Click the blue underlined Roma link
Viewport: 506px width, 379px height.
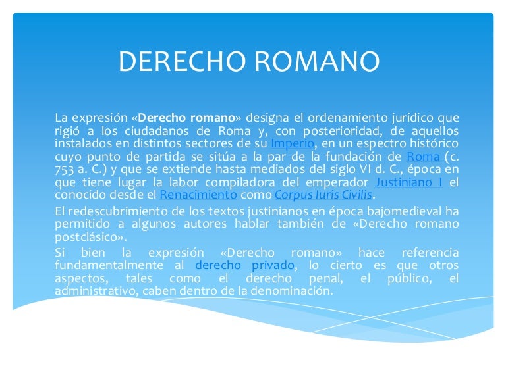[423, 156]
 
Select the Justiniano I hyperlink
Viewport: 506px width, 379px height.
[408, 182]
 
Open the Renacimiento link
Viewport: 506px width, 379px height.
[198, 195]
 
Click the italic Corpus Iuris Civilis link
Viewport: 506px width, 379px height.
[323, 195]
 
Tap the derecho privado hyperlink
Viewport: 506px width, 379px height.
[245, 265]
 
